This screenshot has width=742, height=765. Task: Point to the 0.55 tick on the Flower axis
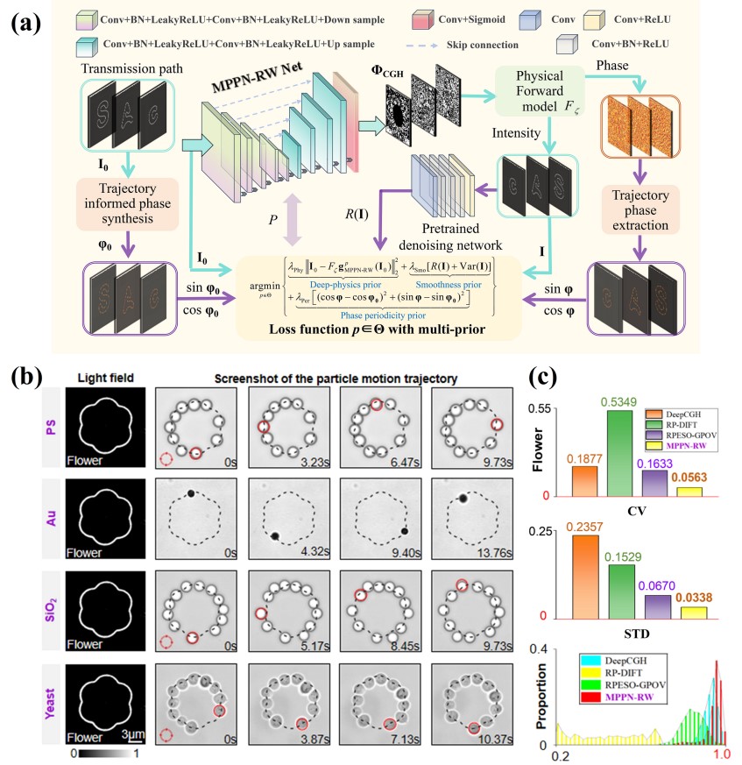[x=551, y=409]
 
